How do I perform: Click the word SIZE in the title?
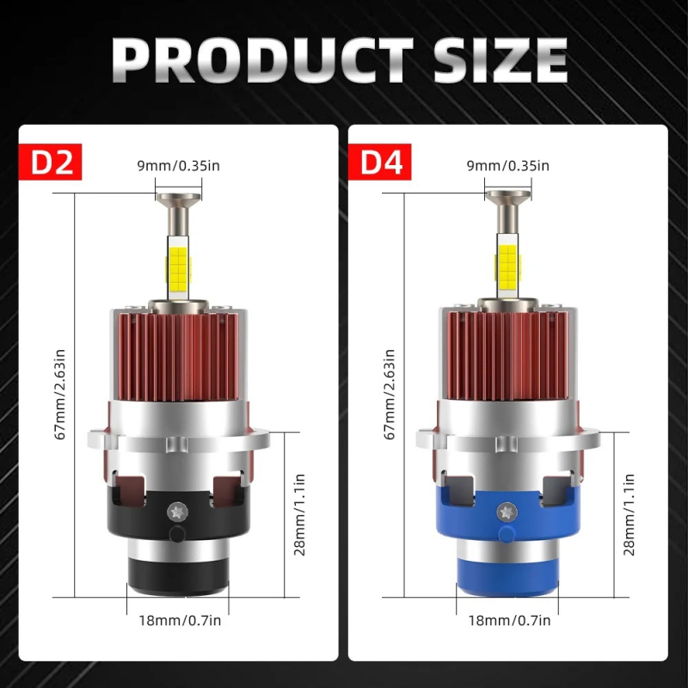pyautogui.click(x=495, y=59)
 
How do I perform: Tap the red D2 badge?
pyautogui.click(x=50, y=163)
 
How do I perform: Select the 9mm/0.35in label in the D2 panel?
pyautogui.click(x=179, y=166)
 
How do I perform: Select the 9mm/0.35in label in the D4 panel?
pyautogui.click(x=507, y=166)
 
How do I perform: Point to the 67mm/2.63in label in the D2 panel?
pyautogui.click(x=61, y=394)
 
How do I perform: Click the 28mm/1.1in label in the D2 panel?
pyautogui.click(x=300, y=514)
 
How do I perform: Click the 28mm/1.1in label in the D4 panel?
pyautogui.click(x=630, y=514)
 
